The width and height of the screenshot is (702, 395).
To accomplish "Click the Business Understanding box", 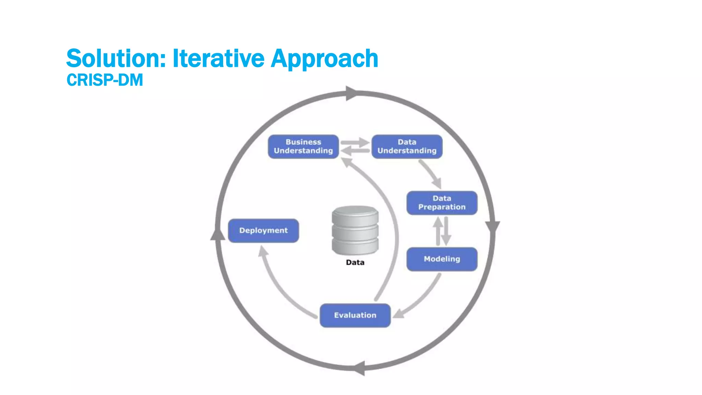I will click(303, 146).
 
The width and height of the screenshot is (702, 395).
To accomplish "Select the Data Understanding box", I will click(407, 146).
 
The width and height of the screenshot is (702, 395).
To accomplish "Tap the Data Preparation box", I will click(442, 203).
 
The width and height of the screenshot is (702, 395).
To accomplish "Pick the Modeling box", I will click(442, 259).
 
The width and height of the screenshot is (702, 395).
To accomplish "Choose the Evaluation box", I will click(355, 315).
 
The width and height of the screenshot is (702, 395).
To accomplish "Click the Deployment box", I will click(263, 230).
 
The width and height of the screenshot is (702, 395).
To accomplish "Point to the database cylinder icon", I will click(355, 230).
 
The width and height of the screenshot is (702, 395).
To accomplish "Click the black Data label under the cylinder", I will click(355, 262).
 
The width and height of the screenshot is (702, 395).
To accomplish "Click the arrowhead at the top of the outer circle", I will click(351, 93).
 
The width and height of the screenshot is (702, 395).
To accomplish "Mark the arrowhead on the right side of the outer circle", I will click(493, 227).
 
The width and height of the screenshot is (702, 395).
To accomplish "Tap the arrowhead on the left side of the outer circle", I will click(217, 235).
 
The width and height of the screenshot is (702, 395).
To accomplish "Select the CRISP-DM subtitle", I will click(105, 80).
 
